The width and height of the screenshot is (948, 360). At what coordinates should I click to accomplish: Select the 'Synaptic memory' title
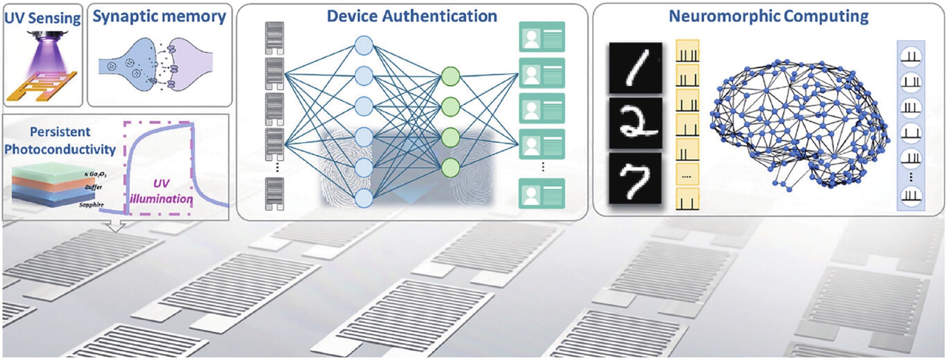159,17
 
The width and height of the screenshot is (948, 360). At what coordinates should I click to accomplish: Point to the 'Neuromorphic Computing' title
768,16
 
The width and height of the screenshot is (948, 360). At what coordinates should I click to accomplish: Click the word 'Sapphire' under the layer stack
91,205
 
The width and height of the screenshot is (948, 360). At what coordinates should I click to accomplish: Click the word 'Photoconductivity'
60,149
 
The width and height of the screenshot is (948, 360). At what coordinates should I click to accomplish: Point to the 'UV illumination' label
161,191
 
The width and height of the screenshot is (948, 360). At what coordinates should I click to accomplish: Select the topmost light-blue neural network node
364,45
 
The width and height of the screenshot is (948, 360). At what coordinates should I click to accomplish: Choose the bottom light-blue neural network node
364,198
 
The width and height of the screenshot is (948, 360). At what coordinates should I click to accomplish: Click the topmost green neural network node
451,76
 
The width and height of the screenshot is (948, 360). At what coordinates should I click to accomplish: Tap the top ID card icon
542,36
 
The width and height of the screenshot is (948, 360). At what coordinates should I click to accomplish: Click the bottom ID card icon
542,194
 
